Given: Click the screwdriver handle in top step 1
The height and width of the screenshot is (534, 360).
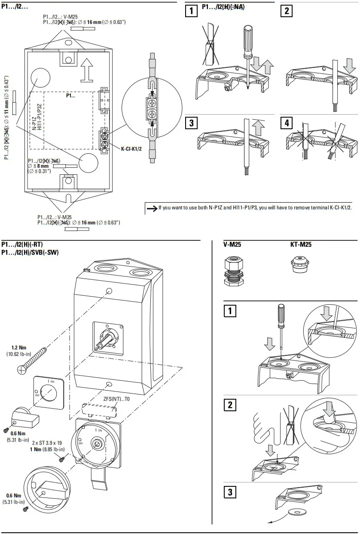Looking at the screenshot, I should tap(248, 39).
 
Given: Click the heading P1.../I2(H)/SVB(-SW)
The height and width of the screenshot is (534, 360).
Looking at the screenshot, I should tap(30, 252).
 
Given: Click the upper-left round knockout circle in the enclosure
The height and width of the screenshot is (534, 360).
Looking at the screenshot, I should tap(41, 78).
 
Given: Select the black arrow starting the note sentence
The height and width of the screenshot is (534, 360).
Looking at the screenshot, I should tap(152, 208).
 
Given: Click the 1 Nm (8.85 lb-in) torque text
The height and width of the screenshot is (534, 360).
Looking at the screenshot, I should tap(47, 449).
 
